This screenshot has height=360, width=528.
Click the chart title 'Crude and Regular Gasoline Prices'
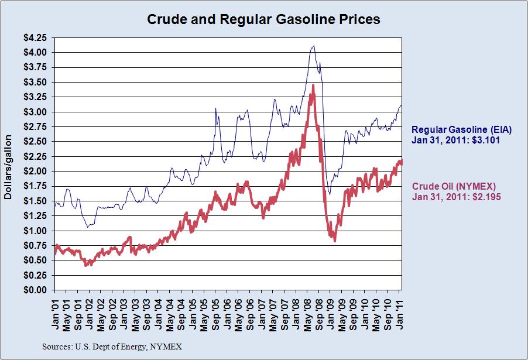[263, 19]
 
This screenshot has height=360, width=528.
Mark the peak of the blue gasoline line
[314, 46]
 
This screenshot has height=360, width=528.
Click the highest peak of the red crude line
[314, 85]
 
